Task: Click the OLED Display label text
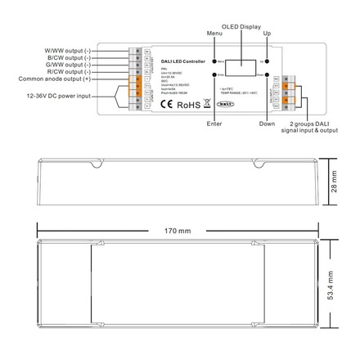(240, 26)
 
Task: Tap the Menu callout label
(214, 34)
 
